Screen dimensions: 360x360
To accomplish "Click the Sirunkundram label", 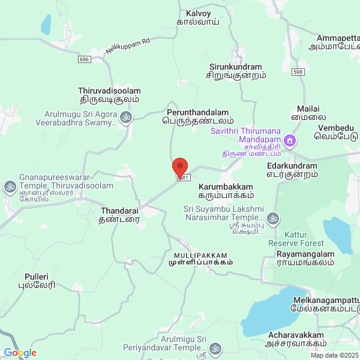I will [x=236, y=71].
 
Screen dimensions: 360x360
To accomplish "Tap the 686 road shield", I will [x=84, y=59].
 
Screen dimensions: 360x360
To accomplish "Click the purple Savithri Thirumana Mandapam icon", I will [x=290, y=141].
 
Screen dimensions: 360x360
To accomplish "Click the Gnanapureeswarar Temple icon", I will [x=10, y=186].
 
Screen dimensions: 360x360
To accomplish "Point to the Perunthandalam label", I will [x=197, y=116].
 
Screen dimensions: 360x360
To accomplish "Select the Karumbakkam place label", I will [x=226, y=191].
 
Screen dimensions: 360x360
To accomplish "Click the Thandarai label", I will [x=119, y=215].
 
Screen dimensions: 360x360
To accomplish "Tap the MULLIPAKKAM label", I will [x=200, y=258].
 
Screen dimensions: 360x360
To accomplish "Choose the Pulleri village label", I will [x=40, y=281].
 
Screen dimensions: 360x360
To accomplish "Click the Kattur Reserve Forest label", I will [x=296, y=239].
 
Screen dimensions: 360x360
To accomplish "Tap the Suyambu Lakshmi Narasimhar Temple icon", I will [x=274, y=218].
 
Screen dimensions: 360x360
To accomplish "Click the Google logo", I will [x=19, y=353].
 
